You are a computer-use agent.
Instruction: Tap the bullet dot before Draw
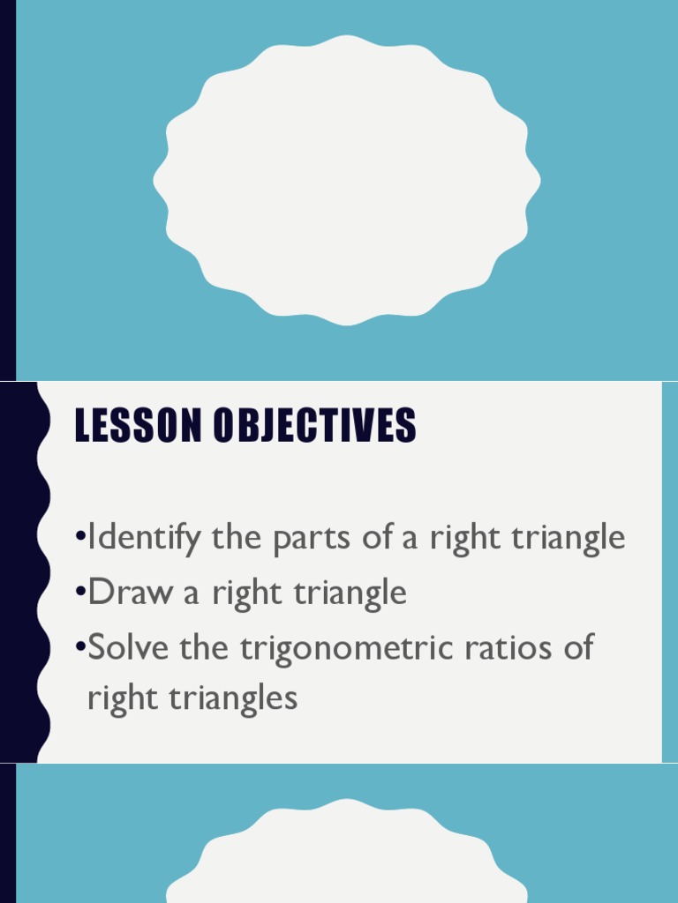click(80, 591)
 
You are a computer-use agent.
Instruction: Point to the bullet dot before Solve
click(80, 646)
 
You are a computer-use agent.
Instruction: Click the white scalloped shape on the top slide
click(346, 181)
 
